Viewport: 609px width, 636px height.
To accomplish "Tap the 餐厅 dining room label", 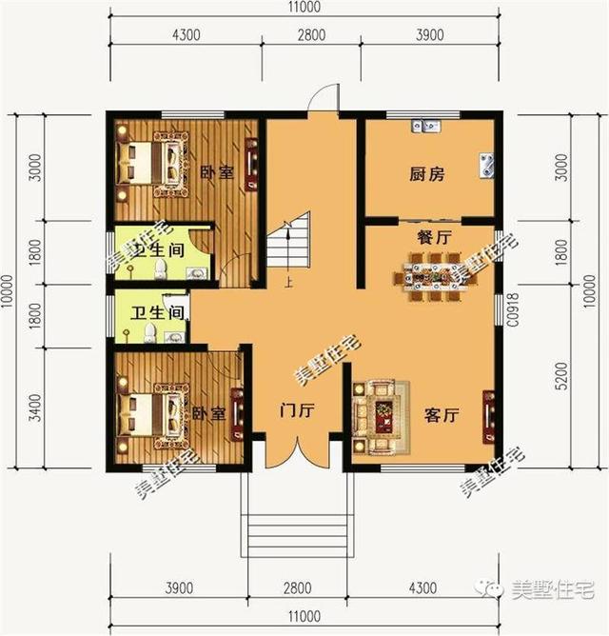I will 433,237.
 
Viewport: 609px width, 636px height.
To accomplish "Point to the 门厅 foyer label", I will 297,412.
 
